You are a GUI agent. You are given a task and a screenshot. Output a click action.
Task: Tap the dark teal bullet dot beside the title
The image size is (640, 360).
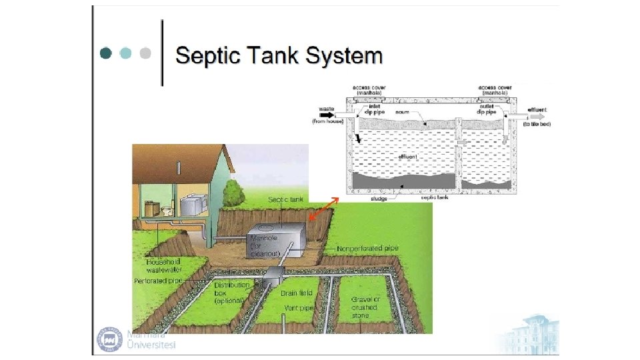[x=105, y=53]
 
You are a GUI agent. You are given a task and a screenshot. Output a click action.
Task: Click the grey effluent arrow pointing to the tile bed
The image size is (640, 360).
[x=517, y=115]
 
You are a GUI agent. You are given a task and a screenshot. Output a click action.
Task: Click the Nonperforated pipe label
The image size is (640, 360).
[x=367, y=248]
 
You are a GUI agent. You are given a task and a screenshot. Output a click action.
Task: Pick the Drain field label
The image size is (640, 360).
[x=297, y=293]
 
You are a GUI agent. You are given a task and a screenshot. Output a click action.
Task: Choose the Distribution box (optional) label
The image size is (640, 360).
[x=231, y=293]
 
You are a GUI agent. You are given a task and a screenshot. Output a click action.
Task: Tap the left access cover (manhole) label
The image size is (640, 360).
[x=371, y=89]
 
